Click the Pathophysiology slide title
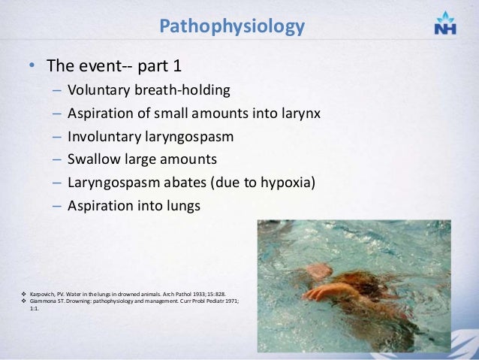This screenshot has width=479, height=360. pyautogui.click(x=232, y=27)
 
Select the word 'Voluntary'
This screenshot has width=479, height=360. pyautogui.click(x=97, y=91)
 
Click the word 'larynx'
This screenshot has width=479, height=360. pyautogui.click(x=299, y=114)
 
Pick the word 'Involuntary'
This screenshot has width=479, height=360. pyautogui.click(x=101, y=138)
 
